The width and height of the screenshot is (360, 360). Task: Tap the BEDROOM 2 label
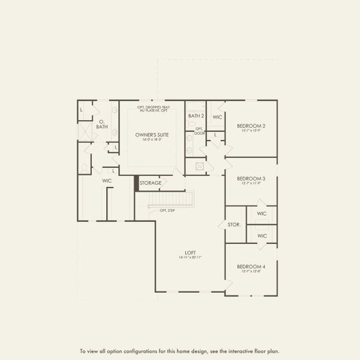coord(251,126)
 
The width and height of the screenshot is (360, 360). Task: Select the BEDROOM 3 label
coord(251,178)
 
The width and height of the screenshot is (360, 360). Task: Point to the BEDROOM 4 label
coord(251,266)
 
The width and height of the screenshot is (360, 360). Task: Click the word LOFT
coord(191,253)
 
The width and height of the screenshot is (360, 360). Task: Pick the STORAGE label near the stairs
coord(151,183)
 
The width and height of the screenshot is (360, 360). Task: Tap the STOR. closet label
coord(234,225)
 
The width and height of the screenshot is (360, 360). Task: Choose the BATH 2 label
coord(196,116)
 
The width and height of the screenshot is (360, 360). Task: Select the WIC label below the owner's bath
coord(107,181)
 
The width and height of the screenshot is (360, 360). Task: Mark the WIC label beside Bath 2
coord(217,117)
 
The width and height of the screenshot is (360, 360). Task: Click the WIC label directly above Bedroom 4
coord(262,236)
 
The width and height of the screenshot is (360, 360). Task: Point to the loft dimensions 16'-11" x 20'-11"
coord(191,258)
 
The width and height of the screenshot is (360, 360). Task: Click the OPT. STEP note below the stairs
coord(167,211)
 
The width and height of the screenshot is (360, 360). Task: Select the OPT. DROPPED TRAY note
coord(154,107)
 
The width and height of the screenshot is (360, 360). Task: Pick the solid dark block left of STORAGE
coord(136,183)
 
